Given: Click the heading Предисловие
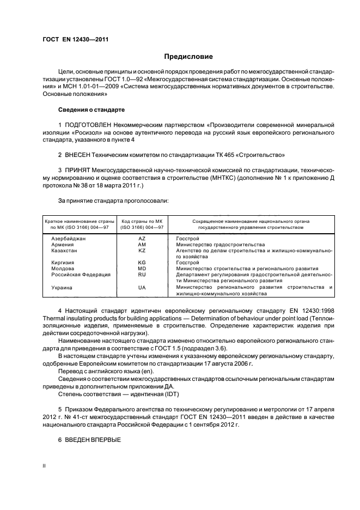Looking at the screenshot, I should tap(188, 57).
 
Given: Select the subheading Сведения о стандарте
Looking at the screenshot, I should tap(91, 110).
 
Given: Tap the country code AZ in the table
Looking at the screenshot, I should tap(142, 239).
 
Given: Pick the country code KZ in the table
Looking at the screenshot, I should tap(142, 251).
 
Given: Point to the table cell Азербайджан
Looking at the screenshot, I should tap(69, 239).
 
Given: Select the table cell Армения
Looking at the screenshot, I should tap(62, 245).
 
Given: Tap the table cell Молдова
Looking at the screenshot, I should tap(63, 269).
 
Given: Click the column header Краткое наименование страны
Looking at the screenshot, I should tap(80, 222).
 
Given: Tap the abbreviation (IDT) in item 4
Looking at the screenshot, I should tap(172, 394).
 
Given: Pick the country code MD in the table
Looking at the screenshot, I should tap(142, 269).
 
